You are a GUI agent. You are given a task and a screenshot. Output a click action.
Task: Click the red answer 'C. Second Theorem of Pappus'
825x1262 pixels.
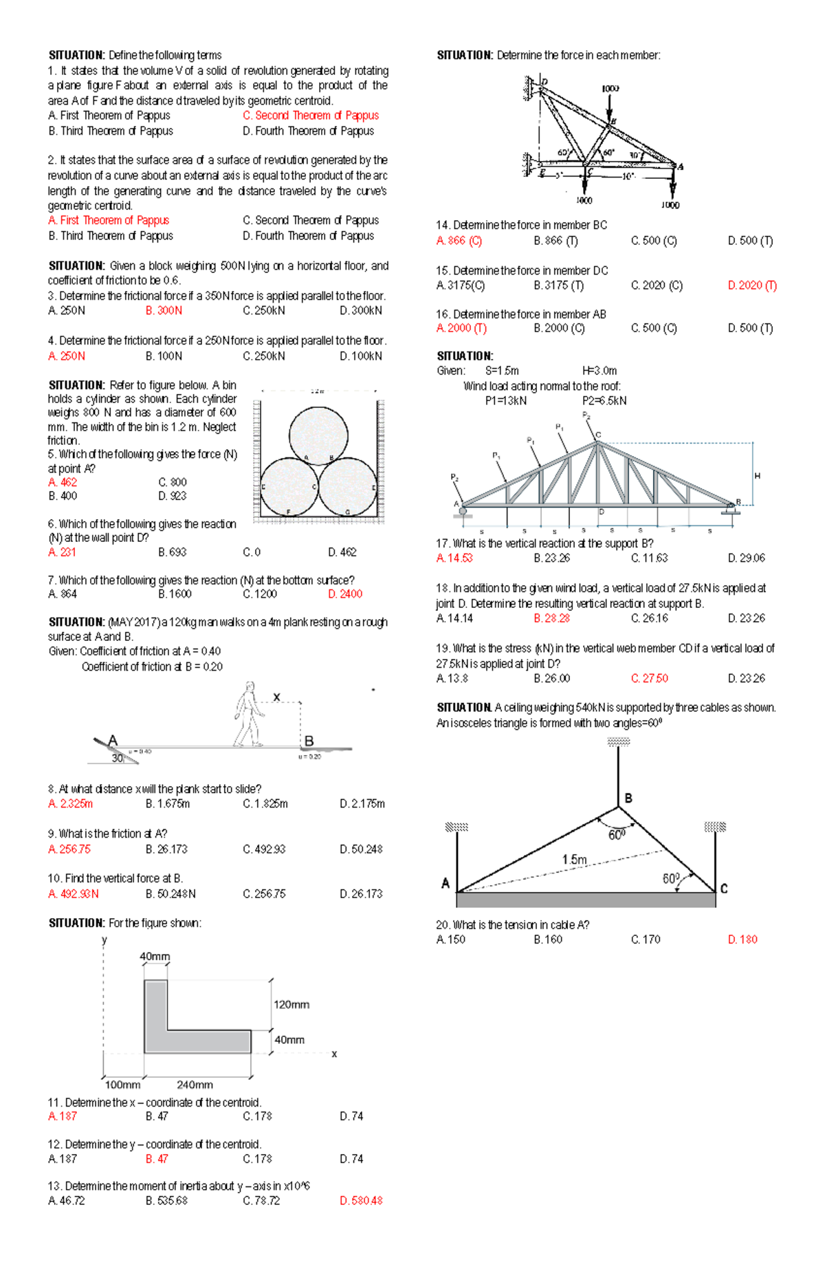click(x=310, y=116)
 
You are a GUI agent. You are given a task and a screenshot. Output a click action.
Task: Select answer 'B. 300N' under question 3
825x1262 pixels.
click(x=164, y=311)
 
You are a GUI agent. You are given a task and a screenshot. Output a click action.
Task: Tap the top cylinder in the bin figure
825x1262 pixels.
click(x=318, y=435)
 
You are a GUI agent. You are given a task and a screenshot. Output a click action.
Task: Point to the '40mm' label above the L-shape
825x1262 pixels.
click(x=155, y=957)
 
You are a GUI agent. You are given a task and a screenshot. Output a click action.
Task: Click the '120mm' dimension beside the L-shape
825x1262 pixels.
click(x=291, y=1005)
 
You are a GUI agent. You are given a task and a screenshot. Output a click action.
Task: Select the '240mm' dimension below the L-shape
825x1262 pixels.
click(x=195, y=1085)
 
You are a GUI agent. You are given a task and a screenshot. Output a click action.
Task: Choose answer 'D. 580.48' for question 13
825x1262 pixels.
click(x=361, y=1201)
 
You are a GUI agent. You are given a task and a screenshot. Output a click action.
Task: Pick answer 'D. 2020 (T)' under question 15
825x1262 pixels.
click(x=752, y=285)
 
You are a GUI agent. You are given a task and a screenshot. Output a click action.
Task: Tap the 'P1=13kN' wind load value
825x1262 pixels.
click(x=505, y=401)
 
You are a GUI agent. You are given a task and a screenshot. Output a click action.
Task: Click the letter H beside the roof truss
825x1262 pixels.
click(x=758, y=476)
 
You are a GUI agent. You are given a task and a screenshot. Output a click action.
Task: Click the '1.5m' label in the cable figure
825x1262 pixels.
click(x=575, y=860)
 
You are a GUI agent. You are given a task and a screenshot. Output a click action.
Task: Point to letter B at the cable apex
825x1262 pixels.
click(x=628, y=798)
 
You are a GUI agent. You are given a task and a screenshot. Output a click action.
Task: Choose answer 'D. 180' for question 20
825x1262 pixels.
click(x=742, y=939)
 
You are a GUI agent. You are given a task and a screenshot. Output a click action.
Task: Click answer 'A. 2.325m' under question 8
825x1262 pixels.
click(x=71, y=804)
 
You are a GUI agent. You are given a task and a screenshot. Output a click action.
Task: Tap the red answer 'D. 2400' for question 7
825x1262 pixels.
click(x=345, y=594)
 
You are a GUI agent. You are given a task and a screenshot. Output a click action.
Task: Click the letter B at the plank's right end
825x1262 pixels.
click(x=309, y=741)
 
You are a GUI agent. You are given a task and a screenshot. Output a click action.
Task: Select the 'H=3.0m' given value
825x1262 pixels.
click(x=599, y=371)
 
